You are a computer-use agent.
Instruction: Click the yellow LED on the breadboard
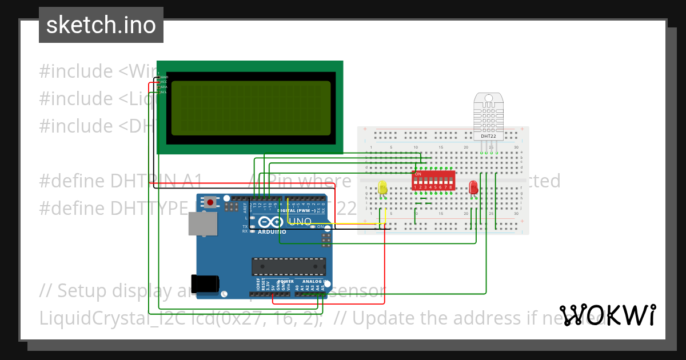click(382, 187)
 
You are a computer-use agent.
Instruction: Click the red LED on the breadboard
click(473, 187)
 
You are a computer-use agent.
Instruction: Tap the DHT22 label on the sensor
click(488, 136)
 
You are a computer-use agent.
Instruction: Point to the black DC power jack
click(205, 283)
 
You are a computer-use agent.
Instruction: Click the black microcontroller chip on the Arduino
click(289, 267)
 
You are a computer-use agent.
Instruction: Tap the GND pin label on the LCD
click(163, 77)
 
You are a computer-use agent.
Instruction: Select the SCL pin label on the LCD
click(163, 92)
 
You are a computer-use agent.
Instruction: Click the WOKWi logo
click(608, 315)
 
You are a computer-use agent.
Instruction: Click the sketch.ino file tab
click(101, 25)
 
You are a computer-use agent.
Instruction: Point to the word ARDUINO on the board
click(272, 232)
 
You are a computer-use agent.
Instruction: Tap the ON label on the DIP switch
click(418, 174)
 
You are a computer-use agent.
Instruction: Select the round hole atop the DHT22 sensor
click(488, 98)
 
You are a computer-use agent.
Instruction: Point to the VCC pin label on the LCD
click(163, 82)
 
